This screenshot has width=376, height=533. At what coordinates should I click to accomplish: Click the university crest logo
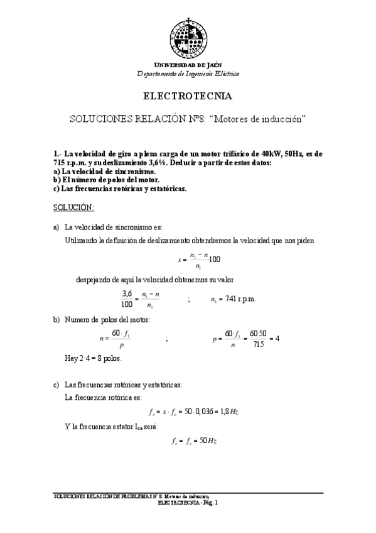188,37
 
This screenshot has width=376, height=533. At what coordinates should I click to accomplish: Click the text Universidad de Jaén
188,65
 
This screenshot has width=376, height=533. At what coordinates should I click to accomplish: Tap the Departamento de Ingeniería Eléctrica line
188,74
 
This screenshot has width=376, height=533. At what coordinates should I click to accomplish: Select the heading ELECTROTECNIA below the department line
188,97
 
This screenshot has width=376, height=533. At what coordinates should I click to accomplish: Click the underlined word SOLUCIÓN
73,207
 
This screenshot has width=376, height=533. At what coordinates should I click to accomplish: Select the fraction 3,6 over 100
127,299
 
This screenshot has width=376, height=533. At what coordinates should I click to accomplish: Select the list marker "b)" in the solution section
56,320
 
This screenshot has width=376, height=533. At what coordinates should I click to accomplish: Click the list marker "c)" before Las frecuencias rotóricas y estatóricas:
56,385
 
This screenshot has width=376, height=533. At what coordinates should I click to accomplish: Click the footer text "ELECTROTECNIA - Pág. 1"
187,503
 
